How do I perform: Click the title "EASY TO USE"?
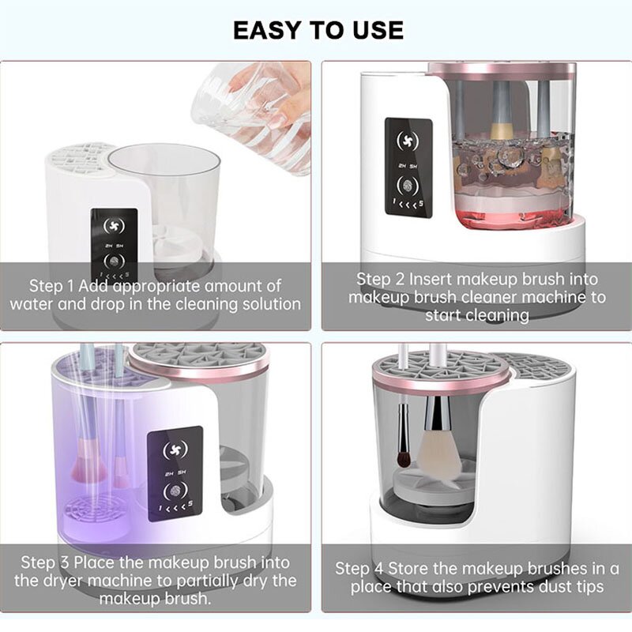point(318,30)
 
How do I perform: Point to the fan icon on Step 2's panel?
point(408,141)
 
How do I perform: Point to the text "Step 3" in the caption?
point(45,562)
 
